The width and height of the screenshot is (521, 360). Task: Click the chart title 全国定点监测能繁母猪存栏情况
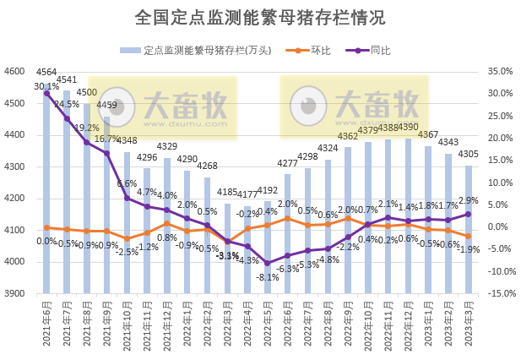[260, 18]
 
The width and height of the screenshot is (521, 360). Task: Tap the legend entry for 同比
[371, 51]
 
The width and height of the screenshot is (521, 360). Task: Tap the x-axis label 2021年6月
[46, 325]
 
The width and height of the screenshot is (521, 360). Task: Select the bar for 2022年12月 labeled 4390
[409, 215]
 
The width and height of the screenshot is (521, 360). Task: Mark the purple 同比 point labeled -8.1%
[268, 263]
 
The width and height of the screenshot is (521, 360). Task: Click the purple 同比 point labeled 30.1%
[46, 93]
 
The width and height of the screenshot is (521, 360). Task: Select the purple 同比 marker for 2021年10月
[127, 198]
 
